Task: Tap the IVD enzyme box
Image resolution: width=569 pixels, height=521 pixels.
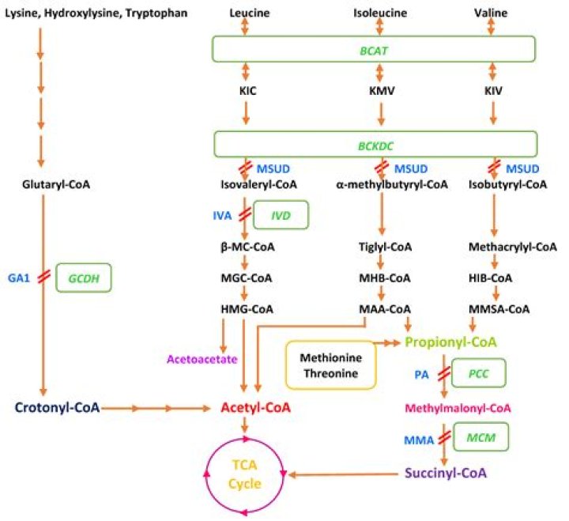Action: coord(281,214)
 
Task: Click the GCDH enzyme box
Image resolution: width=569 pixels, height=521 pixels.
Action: coord(84,277)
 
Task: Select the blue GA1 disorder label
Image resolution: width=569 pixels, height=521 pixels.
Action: coord(18,277)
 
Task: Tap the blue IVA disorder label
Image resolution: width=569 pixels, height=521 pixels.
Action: coord(223,214)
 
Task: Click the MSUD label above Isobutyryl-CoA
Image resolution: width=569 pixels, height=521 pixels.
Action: coord(522,169)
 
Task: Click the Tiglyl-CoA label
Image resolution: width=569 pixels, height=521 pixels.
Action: coord(382,247)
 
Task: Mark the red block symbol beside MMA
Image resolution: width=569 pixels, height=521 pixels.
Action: coord(446,436)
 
